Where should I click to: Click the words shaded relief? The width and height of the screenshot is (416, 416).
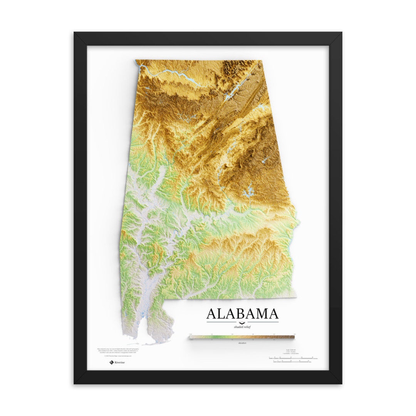tap(242, 327)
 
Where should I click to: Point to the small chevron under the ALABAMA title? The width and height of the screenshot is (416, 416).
tap(242, 323)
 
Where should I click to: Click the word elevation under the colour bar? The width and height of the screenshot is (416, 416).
tap(242, 342)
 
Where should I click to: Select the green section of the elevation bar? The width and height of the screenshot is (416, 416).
tap(220, 337)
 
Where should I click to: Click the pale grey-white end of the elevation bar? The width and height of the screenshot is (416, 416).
tap(191, 337)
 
